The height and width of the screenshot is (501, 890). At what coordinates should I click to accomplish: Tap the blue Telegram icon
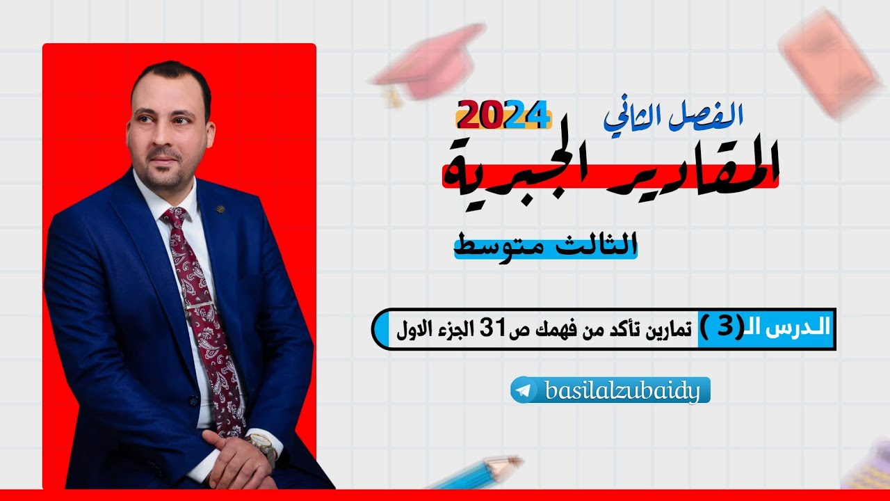(x=526, y=391)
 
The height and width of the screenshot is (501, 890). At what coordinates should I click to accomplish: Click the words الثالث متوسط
(x=546, y=245)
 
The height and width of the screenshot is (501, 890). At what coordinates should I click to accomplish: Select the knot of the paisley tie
(x=175, y=218)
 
